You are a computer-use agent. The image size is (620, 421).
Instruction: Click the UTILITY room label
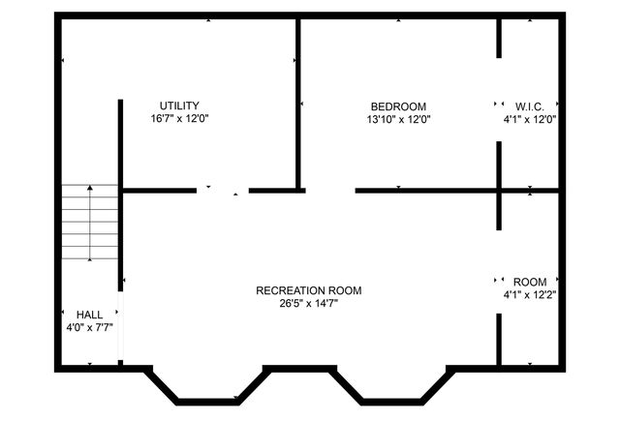[180, 105]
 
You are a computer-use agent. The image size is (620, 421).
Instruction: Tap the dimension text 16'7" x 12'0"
[180, 119]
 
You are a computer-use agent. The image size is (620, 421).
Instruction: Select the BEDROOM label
[398, 106]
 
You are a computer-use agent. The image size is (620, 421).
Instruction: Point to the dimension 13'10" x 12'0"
[398, 120]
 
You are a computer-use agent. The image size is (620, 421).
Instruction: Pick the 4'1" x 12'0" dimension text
[529, 120]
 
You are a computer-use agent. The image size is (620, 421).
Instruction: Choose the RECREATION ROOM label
[309, 290]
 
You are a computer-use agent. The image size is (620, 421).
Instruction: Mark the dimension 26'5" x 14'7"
[309, 303]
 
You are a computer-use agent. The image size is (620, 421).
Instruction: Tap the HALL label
[89, 315]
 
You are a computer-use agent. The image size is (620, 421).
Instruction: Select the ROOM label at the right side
[529, 283]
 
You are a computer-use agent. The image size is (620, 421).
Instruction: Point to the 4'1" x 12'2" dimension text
[529, 295]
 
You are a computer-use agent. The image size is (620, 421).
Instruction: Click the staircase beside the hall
[90, 225]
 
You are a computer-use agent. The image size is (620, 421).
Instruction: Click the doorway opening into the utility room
[224, 191]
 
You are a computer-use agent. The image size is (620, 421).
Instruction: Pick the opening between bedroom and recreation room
[327, 191]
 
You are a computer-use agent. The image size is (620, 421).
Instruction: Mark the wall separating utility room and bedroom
[297, 102]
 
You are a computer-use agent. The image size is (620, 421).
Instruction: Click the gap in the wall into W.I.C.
[499, 102]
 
